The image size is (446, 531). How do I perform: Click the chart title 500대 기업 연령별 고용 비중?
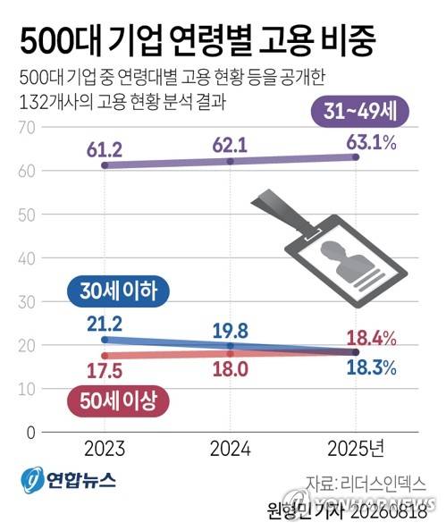[x=198, y=40]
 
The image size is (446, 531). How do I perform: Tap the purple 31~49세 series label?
[x=360, y=111]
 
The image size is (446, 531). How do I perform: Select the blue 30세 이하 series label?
[x=118, y=291]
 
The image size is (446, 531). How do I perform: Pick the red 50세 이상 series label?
[x=118, y=401]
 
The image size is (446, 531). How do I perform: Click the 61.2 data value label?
[x=105, y=150]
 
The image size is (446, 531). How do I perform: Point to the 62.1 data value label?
[x=230, y=146]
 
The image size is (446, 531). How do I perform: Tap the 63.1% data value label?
[x=372, y=142]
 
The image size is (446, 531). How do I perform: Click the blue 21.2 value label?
[x=105, y=324]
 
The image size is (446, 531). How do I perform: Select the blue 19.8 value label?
[x=231, y=331]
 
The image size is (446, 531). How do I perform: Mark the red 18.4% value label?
[x=372, y=338]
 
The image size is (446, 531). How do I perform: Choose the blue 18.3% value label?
[x=372, y=367]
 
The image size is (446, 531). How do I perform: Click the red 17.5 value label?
[x=105, y=371]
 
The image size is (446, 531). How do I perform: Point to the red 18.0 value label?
[x=231, y=369]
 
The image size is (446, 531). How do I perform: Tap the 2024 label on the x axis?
[x=231, y=449]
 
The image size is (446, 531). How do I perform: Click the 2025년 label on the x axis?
[x=356, y=449]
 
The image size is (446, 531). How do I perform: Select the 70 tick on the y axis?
[x=27, y=128]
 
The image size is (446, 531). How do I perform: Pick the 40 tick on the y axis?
[x=27, y=258]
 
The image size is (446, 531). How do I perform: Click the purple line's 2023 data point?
[x=105, y=165]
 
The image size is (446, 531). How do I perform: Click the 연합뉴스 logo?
[x=68, y=480]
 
